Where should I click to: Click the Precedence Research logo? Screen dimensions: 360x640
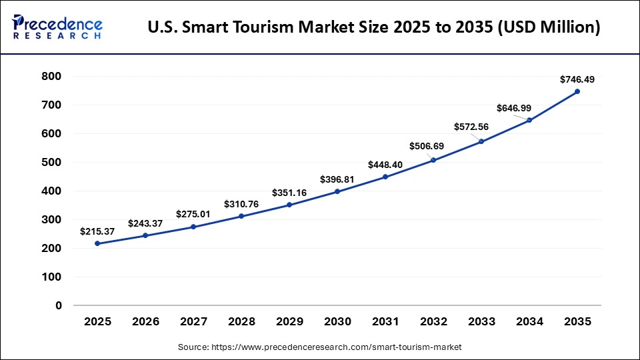(57, 27)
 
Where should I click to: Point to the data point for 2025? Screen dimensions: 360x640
(98, 243)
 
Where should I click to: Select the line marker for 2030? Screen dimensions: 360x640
(337, 191)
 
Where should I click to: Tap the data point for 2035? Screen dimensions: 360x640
(577, 91)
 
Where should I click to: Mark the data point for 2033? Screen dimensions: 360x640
(481, 141)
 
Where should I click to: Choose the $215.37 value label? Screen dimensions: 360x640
(98, 231)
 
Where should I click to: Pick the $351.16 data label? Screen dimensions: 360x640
(290, 193)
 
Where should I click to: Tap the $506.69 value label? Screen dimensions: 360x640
(434, 147)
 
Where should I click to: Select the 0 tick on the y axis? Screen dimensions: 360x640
(59, 305)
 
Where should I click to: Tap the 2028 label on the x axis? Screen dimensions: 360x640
(241, 322)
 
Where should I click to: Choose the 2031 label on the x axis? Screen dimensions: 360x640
(385, 322)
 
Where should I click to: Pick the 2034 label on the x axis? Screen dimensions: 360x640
(529, 322)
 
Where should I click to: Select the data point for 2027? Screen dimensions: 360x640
(193, 227)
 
